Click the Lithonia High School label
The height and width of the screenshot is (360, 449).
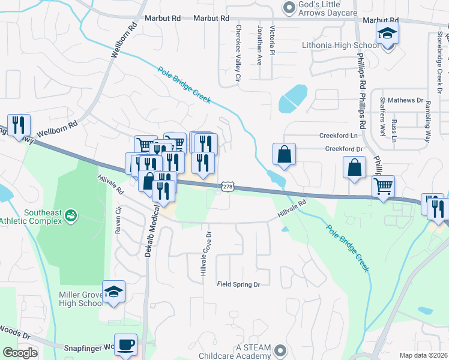(x=340, y=46)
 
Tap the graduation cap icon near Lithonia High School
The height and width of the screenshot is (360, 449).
(x=388, y=36)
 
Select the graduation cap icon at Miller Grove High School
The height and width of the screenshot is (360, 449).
(x=113, y=292)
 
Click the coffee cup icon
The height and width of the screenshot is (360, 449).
(x=125, y=345)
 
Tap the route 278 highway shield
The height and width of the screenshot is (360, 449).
(x=228, y=188)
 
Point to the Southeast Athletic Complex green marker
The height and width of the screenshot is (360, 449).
(x=71, y=214)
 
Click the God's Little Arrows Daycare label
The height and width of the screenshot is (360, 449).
(x=328, y=8)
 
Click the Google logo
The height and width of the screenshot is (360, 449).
(x=20, y=353)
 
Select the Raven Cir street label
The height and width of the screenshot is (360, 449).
(x=118, y=220)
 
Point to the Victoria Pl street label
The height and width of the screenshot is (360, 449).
(x=273, y=40)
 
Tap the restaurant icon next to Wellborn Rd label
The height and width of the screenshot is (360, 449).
(x=19, y=125)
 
